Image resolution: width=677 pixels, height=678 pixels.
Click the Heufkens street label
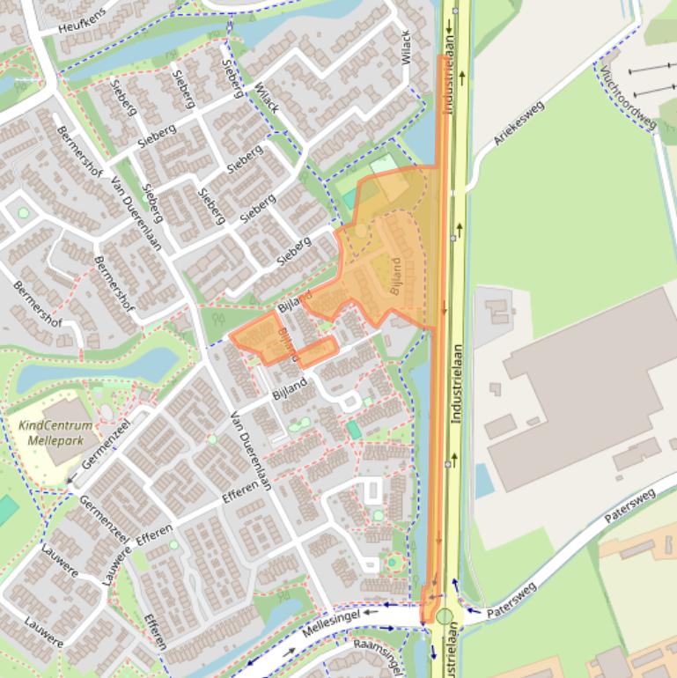[x=81, y=20]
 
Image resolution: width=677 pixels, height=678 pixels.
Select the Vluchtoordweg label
[x=627, y=97]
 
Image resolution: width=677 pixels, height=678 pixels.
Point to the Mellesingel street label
[x=332, y=627]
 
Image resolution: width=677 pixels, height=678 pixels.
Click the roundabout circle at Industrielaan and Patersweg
[x=445, y=616]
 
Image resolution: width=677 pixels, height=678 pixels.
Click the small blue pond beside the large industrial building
[x=483, y=481]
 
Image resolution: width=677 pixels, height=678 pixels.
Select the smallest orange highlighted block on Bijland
[x=316, y=351]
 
